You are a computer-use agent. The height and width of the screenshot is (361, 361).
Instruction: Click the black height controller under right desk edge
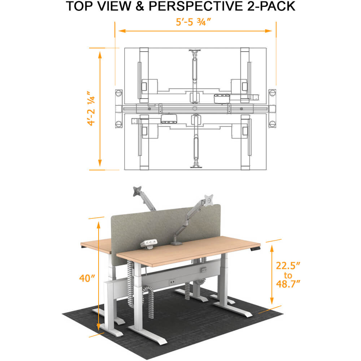256,249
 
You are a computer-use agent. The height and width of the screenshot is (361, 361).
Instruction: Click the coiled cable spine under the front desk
131,282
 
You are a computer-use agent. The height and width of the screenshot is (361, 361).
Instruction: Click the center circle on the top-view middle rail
195,108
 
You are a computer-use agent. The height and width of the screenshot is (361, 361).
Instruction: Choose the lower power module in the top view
169,118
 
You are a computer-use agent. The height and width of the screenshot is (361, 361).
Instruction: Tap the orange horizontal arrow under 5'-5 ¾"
195,31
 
